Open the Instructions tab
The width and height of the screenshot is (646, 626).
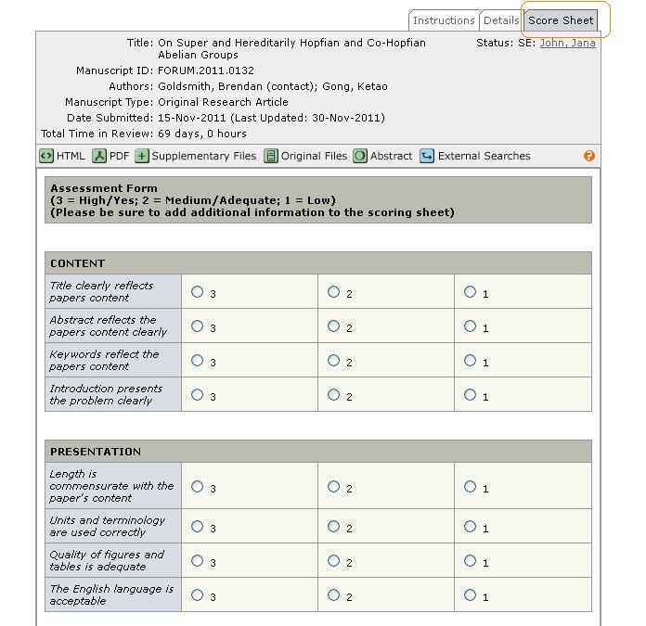[x=444, y=20]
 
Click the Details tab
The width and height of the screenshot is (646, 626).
[x=501, y=20]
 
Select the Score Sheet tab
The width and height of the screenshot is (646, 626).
[x=561, y=20]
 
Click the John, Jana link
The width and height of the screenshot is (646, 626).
[x=567, y=43]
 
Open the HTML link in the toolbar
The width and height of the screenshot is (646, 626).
[x=62, y=156]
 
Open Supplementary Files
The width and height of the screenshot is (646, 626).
[x=195, y=156]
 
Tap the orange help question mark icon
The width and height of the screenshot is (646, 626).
[x=588, y=156]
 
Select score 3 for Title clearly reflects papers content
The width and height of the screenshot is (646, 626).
[x=197, y=292]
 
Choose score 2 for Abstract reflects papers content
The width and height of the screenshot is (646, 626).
[x=333, y=326]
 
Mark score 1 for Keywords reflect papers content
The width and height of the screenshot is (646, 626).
[x=470, y=361]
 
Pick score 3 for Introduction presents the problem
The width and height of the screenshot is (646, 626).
[x=197, y=395]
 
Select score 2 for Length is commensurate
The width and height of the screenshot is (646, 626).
[x=333, y=487]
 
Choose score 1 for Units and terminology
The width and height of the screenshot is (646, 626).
[x=470, y=526]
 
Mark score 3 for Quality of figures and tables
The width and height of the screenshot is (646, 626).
[x=197, y=560]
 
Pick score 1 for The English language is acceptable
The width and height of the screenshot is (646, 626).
[x=470, y=595]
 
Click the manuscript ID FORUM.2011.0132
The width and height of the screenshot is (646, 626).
[x=205, y=70]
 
